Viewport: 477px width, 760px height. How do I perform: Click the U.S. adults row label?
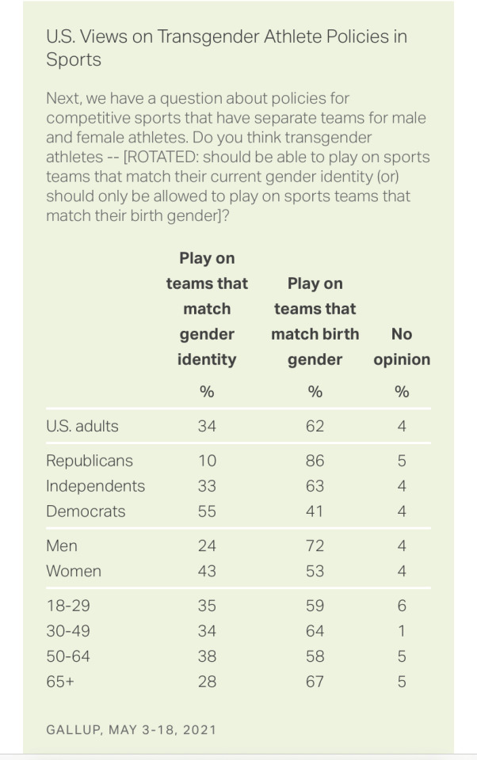coord(82,426)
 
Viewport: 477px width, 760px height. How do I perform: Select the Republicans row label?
coord(89,461)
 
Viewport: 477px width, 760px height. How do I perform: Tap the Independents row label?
coord(95,486)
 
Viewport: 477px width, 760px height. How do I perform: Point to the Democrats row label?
coord(85,511)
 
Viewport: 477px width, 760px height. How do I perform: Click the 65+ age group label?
coord(60,682)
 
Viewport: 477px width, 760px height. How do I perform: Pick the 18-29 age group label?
coord(67,606)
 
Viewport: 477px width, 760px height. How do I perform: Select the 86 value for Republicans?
coord(315,461)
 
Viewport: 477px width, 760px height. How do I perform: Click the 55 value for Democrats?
coord(207,511)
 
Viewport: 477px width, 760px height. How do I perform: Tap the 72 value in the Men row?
coord(315,545)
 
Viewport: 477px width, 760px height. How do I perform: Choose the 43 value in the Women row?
coord(207,571)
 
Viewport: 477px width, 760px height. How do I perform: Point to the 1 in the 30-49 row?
coord(402,631)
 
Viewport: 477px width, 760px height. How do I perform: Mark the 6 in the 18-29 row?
coord(402,606)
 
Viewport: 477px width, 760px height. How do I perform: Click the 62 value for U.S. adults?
coord(315,426)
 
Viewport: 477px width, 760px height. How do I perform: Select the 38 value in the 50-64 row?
coord(207,656)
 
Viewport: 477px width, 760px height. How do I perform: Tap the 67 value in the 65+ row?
coord(315,682)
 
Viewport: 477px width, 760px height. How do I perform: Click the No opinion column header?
coord(402,347)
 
